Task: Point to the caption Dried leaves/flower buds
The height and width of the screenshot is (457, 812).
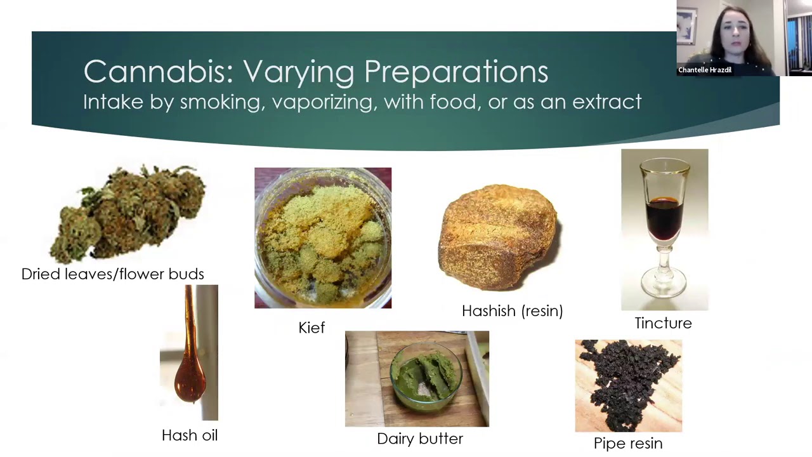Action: [113, 274]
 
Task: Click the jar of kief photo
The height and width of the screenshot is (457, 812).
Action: [323, 238]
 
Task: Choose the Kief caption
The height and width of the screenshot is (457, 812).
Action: [311, 328]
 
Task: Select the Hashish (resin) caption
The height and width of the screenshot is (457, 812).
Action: [513, 311]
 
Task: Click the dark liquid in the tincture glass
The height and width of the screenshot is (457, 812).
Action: [664, 219]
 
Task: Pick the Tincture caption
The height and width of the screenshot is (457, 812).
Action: [664, 323]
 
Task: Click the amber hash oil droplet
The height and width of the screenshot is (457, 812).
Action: [190, 381]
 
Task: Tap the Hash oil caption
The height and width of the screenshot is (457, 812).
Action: [190, 435]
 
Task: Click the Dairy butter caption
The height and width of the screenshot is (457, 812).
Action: [420, 439]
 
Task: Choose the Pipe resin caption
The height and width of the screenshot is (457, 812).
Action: [628, 444]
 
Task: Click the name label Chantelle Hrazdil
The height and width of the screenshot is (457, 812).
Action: [705, 70]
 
